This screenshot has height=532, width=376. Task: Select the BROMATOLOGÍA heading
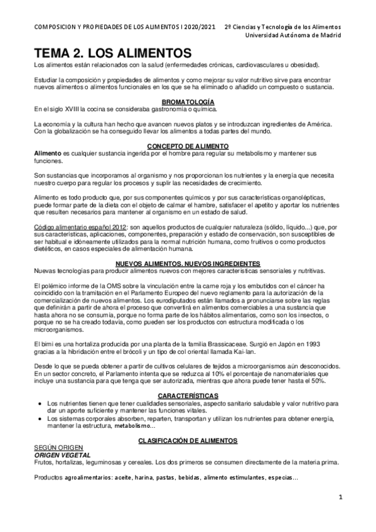[x=188, y=102]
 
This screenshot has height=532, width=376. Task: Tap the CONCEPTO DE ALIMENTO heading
[x=188, y=146]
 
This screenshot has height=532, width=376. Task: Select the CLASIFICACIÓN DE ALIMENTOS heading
[x=188, y=441]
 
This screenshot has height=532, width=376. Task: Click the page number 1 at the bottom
[x=340, y=498]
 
